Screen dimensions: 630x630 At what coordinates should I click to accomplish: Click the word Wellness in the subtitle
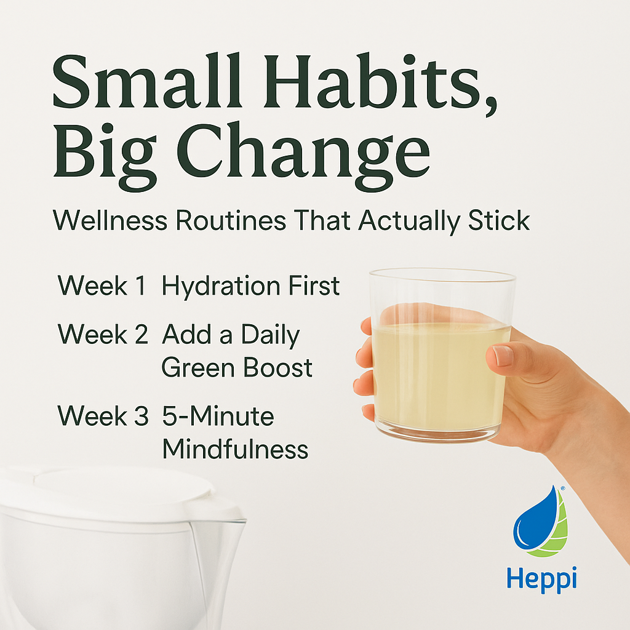pos(110,220)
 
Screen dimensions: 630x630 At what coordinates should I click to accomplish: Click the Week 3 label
pos(103,417)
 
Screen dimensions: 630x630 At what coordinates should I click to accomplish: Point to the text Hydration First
pos(250,287)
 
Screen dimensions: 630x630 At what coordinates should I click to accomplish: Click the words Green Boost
pos(237,368)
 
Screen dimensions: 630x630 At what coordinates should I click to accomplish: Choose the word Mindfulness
pos(234,450)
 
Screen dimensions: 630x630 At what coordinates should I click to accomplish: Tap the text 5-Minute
pos(218,417)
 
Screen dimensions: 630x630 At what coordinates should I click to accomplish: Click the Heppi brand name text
pos(542,578)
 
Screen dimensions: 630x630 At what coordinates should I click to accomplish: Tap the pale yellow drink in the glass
pos(439,375)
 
